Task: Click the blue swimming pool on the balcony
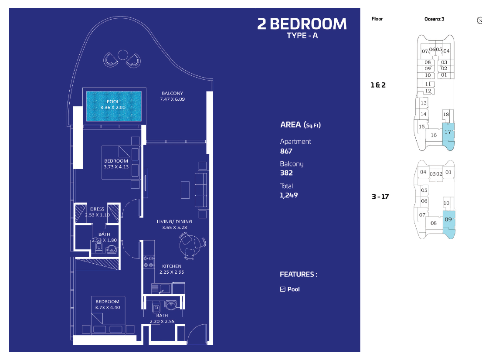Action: coord(114,106)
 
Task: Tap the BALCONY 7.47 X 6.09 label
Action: coord(172,96)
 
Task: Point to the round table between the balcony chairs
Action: coord(122,55)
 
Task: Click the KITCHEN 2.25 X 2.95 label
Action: coord(172,269)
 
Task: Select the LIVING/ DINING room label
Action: coord(174,224)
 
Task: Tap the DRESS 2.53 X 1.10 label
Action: coord(97,212)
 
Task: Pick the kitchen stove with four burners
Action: coord(149,262)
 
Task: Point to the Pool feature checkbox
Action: coord(283,289)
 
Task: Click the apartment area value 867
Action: coord(286,151)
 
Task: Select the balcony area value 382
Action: coord(286,173)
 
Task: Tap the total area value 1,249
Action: coord(289,195)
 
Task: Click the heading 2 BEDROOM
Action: coord(302,24)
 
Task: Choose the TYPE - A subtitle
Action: coord(302,36)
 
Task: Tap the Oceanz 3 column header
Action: coord(434,19)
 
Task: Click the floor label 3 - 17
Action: coord(380,197)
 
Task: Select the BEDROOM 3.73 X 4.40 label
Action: coord(107,304)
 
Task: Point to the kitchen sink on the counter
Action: coord(165,289)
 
